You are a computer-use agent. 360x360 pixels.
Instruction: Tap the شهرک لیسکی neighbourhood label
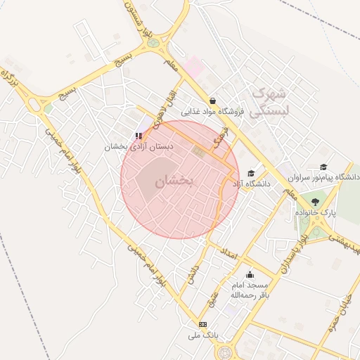(x=270, y=101)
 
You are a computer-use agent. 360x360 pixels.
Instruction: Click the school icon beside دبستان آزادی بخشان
(x=139, y=136)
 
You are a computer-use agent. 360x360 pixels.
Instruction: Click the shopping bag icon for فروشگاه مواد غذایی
(x=212, y=101)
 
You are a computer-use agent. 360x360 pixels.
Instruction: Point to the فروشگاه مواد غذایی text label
(x=212, y=112)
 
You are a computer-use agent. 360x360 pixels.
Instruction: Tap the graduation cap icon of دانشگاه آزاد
(x=251, y=174)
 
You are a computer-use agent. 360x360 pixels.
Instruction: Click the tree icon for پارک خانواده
(x=314, y=202)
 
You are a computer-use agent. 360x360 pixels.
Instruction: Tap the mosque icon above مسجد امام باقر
(x=250, y=275)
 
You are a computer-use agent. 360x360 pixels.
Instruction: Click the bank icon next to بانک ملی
(x=203, y=324)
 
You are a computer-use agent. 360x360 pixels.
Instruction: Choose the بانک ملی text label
(x=202, y=335)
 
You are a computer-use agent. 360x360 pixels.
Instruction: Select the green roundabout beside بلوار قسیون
(x=153, y=44)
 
